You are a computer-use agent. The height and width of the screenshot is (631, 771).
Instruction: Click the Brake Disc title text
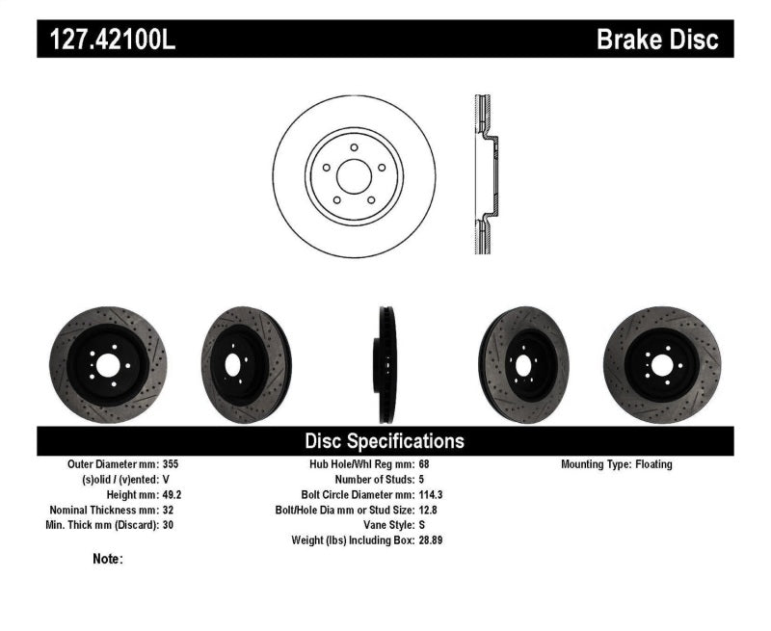[657, 39]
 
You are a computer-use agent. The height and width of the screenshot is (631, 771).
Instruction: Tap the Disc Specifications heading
[385, 441]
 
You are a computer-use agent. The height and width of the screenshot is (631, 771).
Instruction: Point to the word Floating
[654, 464]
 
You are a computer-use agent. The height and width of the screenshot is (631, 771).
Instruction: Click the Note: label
[108, 559]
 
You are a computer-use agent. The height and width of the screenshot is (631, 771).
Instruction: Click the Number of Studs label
[374, 479]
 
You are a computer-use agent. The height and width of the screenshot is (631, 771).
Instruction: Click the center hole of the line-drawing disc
[354, 174]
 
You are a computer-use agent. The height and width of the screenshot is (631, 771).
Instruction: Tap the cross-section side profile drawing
[486, 174]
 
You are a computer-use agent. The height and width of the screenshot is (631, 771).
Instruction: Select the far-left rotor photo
[107, 364]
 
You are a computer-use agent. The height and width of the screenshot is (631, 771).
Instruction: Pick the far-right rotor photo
[661, 364]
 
